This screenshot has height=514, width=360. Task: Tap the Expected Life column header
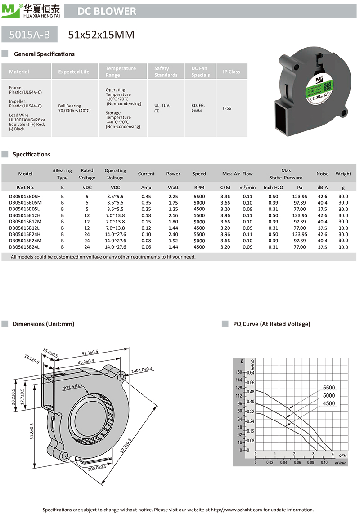click(x=74, y=72)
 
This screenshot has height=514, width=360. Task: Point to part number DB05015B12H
click(x=25, y=215)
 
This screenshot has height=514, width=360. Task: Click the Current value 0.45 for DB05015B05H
click(x=146, y=197)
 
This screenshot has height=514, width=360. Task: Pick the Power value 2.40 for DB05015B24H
click(x=173, y=234)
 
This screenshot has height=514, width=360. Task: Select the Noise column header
click(x=322, y=174)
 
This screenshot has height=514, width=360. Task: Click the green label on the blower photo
click(x=321, y=88)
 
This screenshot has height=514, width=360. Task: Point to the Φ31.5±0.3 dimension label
click(x=72, y=386)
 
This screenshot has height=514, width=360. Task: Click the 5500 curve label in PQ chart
click(x=329, y=388)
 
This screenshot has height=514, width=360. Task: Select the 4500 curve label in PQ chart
click(x=329, y=403)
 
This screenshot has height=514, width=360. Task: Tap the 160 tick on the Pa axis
click(x=238, y=372)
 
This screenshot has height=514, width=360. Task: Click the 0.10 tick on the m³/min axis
click(x=324, y=462)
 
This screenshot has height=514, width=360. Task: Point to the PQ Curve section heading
click(x=271, y=324)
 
